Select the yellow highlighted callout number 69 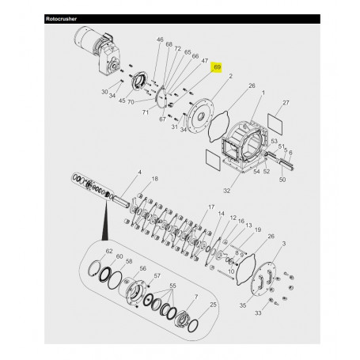click(x=216, y=68)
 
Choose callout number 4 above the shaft click(x=140, y=172)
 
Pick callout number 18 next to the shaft click(x=154, y=180)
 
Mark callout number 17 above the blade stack click(x=212, y=207)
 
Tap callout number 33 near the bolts click(x=279, y=313)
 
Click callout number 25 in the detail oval click(x=213, y=304)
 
